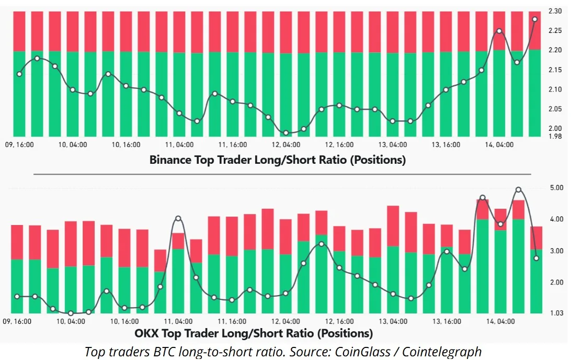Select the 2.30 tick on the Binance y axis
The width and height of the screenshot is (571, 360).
555,10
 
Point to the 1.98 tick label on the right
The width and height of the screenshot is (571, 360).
555,137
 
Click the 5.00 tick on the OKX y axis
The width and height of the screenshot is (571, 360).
556,188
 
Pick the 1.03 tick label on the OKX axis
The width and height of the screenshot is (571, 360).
556,313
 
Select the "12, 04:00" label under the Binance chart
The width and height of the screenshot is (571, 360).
285,144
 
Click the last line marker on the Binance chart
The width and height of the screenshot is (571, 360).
534,19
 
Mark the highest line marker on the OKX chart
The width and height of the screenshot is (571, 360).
518,189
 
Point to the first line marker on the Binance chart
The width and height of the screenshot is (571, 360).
19,74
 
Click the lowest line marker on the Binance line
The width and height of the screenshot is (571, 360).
285,133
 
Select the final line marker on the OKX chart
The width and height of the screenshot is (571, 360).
536,258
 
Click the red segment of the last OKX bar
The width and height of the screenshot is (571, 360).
536,238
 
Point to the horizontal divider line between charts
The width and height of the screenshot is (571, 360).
282,174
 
